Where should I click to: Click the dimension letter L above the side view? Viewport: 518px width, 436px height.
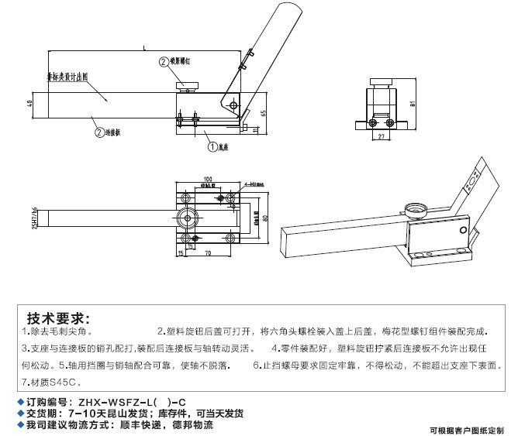pyautogui.click(x=144, y=48)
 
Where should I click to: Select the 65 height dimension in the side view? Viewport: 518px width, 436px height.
pyautogui.click(x=264, y=113)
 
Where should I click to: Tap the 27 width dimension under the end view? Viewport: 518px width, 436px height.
pyautogui.click(x=381, y=137)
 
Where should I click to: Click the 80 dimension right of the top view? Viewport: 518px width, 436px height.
pyautogui.click(x=265, y=218)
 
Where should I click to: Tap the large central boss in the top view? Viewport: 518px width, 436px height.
pyautogui.click(x=187, y=217)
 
